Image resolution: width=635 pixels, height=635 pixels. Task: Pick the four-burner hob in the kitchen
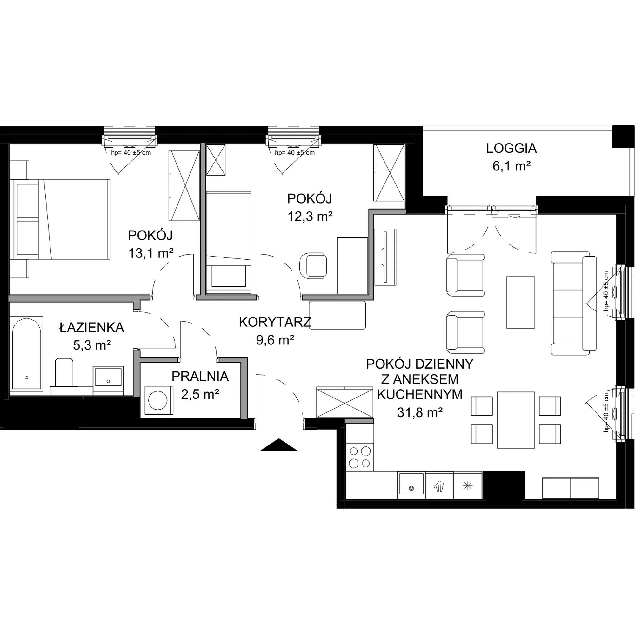pyautogui.click(x=360, y=457)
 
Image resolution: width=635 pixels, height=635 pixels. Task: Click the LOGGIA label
pyautogui.click(x=511, y=149)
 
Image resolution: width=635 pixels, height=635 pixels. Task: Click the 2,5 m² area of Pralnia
pyautogui.click(x=200, y=394)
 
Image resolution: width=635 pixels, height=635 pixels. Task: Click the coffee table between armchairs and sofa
pyautogui.click(x=521, y=302)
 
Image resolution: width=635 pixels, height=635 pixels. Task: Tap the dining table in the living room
pyautogui.click(x=516, y=420)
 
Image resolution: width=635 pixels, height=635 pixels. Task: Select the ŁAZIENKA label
pyautogui.click(x=92, y=327)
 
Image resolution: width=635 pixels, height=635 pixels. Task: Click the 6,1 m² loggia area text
pyautogui.click(x=512, y=167)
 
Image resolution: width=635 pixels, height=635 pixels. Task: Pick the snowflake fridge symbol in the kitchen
pyautogui.click(x=467, y=486)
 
